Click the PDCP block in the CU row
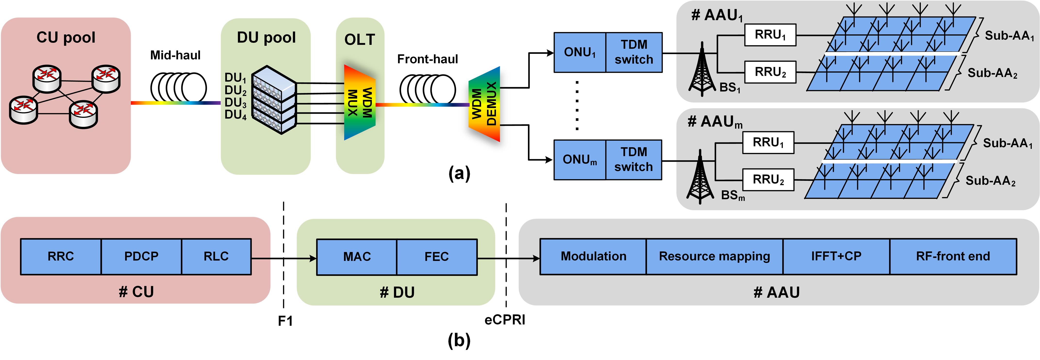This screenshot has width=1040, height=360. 141,257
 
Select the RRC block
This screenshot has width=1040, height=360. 61,257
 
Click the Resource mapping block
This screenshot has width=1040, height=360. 714,257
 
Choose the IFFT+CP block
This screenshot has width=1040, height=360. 836,257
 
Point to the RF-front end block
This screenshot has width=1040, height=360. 953,257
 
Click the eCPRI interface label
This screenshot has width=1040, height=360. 505,320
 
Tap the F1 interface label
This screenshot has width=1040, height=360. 285,321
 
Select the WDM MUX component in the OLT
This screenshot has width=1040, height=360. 359,102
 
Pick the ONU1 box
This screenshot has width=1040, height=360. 580,52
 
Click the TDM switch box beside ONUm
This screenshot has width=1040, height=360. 633,160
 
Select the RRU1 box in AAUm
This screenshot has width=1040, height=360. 768,142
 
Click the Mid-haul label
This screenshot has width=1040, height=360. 175,55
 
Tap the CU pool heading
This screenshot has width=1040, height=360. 66,38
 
